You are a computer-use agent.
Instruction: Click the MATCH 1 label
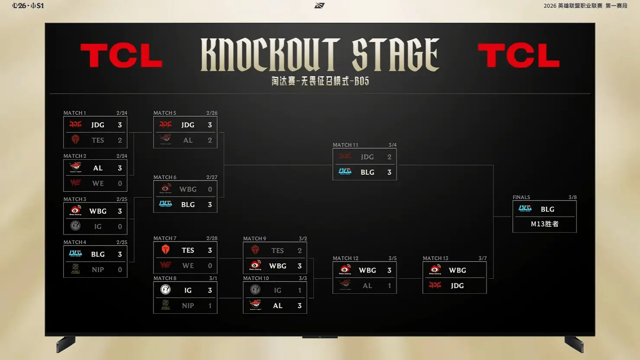[74, 113]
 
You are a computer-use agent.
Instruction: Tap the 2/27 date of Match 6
[212, 177]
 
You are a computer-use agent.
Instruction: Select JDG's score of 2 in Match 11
[389, 157]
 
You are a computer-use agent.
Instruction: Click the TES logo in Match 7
[165, 250]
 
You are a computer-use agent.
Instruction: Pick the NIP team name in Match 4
[98, 270]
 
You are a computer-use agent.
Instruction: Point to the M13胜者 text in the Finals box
[544, 224]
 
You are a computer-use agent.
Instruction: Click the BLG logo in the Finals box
[525, 209]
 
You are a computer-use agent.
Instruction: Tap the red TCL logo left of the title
[121, 56]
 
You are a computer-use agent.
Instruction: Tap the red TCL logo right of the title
[518, 56]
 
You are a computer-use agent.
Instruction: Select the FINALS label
[521, 197]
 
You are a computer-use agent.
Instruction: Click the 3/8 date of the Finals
[572, 197]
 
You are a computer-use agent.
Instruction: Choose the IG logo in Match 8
[165, 290]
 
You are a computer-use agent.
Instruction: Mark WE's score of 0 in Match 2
[120, 183]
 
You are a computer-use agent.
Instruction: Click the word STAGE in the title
[396, 55]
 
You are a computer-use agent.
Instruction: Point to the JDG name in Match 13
[457, 286]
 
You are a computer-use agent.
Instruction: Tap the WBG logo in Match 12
[345, 270]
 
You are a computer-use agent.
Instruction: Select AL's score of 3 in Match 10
[299, 306]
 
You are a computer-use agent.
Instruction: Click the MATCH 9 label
[254, 239]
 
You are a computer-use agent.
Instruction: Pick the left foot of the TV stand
[66, 344]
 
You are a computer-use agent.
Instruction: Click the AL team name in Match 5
[188, 140]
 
